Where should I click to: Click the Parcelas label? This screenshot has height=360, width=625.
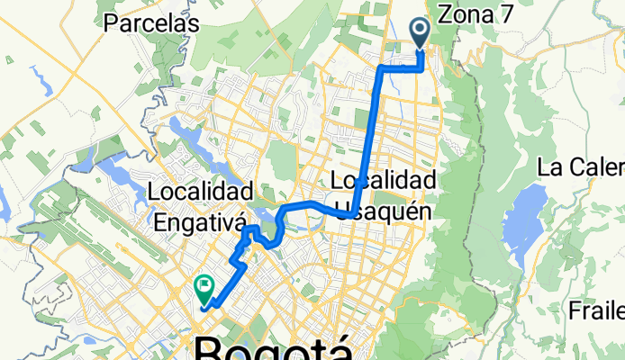tap(150, 23)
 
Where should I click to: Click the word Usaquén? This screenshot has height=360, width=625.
tap(387, 211)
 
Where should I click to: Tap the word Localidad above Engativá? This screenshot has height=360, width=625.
tap(198, 192)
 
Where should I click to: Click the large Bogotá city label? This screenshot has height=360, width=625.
tap(273, 350)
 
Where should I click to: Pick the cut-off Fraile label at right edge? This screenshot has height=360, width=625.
tap(597, 311)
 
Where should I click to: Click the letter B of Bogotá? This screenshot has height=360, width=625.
tap(208, 350)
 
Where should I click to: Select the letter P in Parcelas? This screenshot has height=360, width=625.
tap(111, 23)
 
